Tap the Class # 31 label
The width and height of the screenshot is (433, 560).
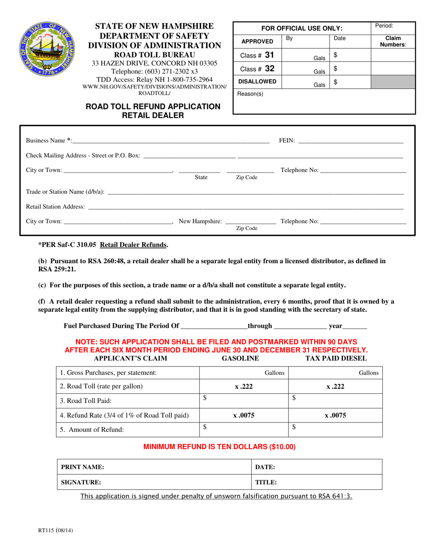(257, 56)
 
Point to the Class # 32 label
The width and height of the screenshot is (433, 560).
(257, 69)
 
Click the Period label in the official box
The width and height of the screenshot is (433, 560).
(384, 26)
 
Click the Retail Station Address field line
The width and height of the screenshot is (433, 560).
(245, 208)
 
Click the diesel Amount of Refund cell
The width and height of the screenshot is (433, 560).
(336, 429)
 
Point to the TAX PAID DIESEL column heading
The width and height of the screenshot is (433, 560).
(335, 358)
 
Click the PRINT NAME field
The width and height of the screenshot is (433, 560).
(154, 467)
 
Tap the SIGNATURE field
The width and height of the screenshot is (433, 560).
(154, 482)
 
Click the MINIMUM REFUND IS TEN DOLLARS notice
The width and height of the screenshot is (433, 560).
(219, 447)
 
